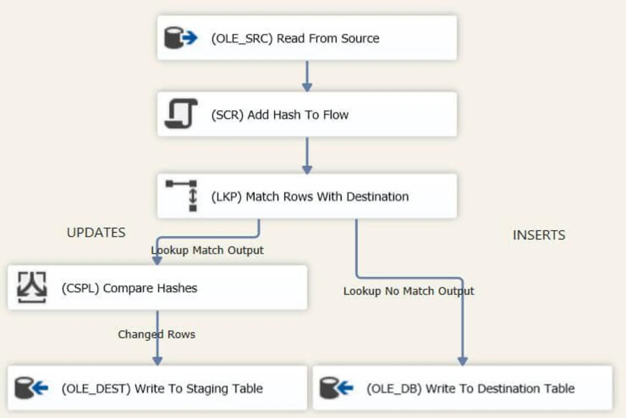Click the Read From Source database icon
click(180, 38)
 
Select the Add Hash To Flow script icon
click(180, 113)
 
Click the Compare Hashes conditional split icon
click(32, 288)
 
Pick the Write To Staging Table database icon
click(31, 388)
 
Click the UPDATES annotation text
click(96, 233)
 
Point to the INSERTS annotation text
click(539, 235)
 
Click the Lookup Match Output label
click(207, 250)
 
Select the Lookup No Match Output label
click(408, 291)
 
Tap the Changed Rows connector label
click(156, 334)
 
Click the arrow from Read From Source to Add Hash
click(307, 76)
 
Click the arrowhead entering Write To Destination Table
click(462, 360)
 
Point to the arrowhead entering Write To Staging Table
click(157, 360)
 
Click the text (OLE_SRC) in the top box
click(242, 38)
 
